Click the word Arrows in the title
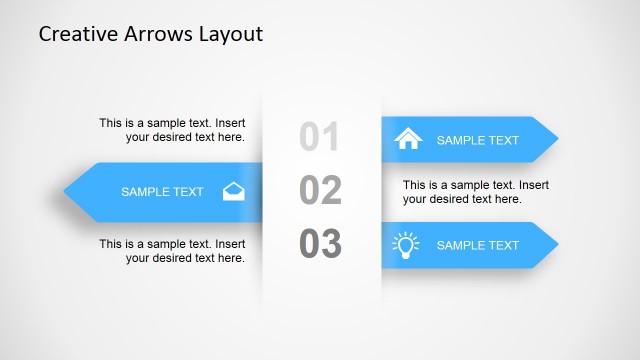click(x=157, y=34)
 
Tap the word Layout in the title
click(x=230, y=34)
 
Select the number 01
click(x=320, y=137)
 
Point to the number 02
click(x=320, y=190)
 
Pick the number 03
click(x=320, y=244)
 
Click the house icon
click(x=409, y=139)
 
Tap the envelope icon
click(x=233, y=191)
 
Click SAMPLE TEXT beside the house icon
click(x=478, y=140)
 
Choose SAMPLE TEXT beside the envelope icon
click(x=162, y=192)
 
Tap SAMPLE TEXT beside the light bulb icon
click(x=478, y=245)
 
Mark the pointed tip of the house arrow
click(x=556, y=140)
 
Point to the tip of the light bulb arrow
click(x=556, y=245)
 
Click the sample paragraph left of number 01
click(x=172, y=130)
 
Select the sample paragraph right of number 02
click(x=476, y=192)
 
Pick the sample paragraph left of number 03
click(x=172, y=251)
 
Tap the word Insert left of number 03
click(x=229, y=244)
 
